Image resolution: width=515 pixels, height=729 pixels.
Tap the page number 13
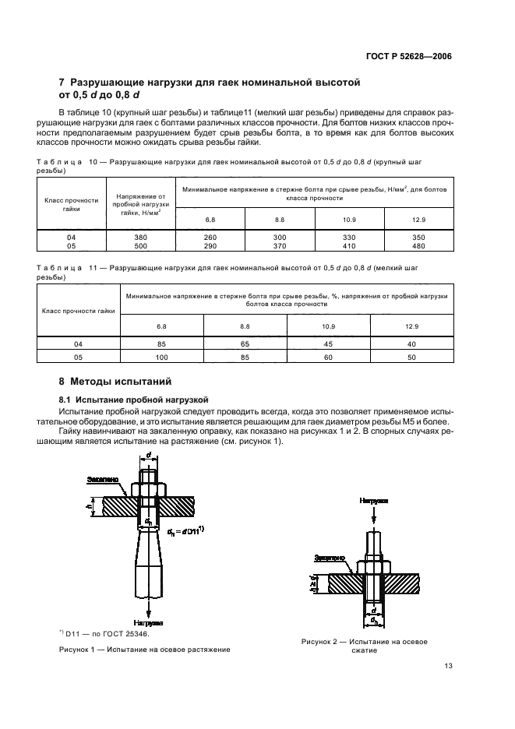tap(447, 666)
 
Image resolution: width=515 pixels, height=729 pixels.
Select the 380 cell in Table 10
tap(140, 238)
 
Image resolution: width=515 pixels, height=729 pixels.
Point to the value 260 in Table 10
tap(210, 238)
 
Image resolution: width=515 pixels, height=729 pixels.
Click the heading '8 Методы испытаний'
tap(114, 382)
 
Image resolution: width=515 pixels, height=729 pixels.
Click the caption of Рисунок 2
tap(365, 646)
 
